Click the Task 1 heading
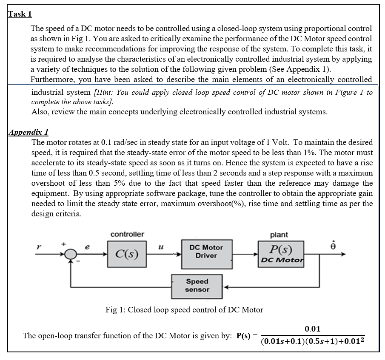tap(20, 14)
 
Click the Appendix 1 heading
tap(29, 132)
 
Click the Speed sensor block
tap(197, 286)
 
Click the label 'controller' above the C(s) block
tap(127, 235)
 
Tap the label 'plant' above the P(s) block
tap(279, 235)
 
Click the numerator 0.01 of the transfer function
tap(313, 329)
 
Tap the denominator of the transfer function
tap(313, 342)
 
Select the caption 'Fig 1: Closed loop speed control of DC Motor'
tap(184, 310)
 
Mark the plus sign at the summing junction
tap(64, 244)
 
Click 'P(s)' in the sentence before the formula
tap(244, 336)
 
